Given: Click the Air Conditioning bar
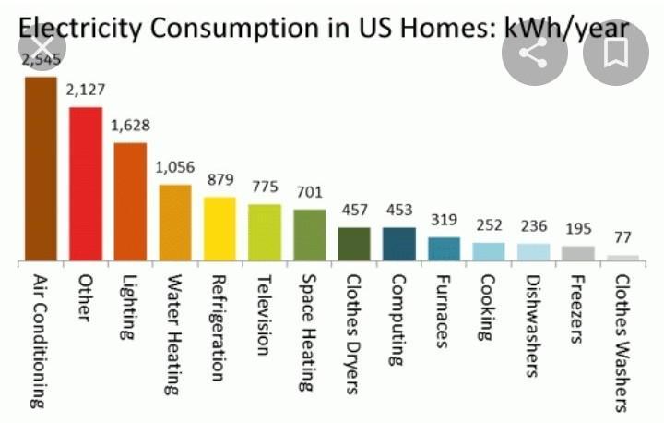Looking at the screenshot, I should [x=41, y=168].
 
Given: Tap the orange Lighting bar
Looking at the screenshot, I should [x=130, y=201].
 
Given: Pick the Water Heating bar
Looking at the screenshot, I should [x=175, y=222].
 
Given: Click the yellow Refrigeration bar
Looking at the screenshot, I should [x=219, y=228].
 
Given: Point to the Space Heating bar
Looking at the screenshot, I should [x=309, y=235].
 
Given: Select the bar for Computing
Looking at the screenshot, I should [x=399, y=243].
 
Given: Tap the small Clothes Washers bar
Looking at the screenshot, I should [x=623, y=258].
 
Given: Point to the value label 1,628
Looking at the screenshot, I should [x=130, y=126].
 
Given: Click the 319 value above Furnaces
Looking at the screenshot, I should [x=445, y=220].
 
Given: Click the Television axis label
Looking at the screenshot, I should [x=265, y=315].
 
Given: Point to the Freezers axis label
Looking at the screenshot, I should [x=578, y=309].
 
